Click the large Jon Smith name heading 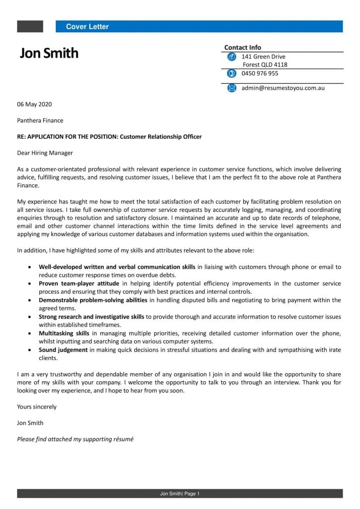(49, 53)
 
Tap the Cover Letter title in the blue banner (87, 27)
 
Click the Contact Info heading (242, 48)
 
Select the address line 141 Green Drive (263, 57)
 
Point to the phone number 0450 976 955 (260, 74)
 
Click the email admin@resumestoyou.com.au (283, 88)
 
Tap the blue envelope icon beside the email (231, 88)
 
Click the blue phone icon (231, 74)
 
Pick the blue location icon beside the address (231, 57)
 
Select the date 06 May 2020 (34, 104)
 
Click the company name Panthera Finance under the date (40, 120)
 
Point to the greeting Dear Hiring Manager (45, 153)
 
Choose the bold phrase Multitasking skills (64, 333)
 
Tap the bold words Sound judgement (63, 350)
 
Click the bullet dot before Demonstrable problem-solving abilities (30, 300)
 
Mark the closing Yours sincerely (37, 407)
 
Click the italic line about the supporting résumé (75, 439)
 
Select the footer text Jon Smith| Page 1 (180, 494)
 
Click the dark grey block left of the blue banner (30, 26)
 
